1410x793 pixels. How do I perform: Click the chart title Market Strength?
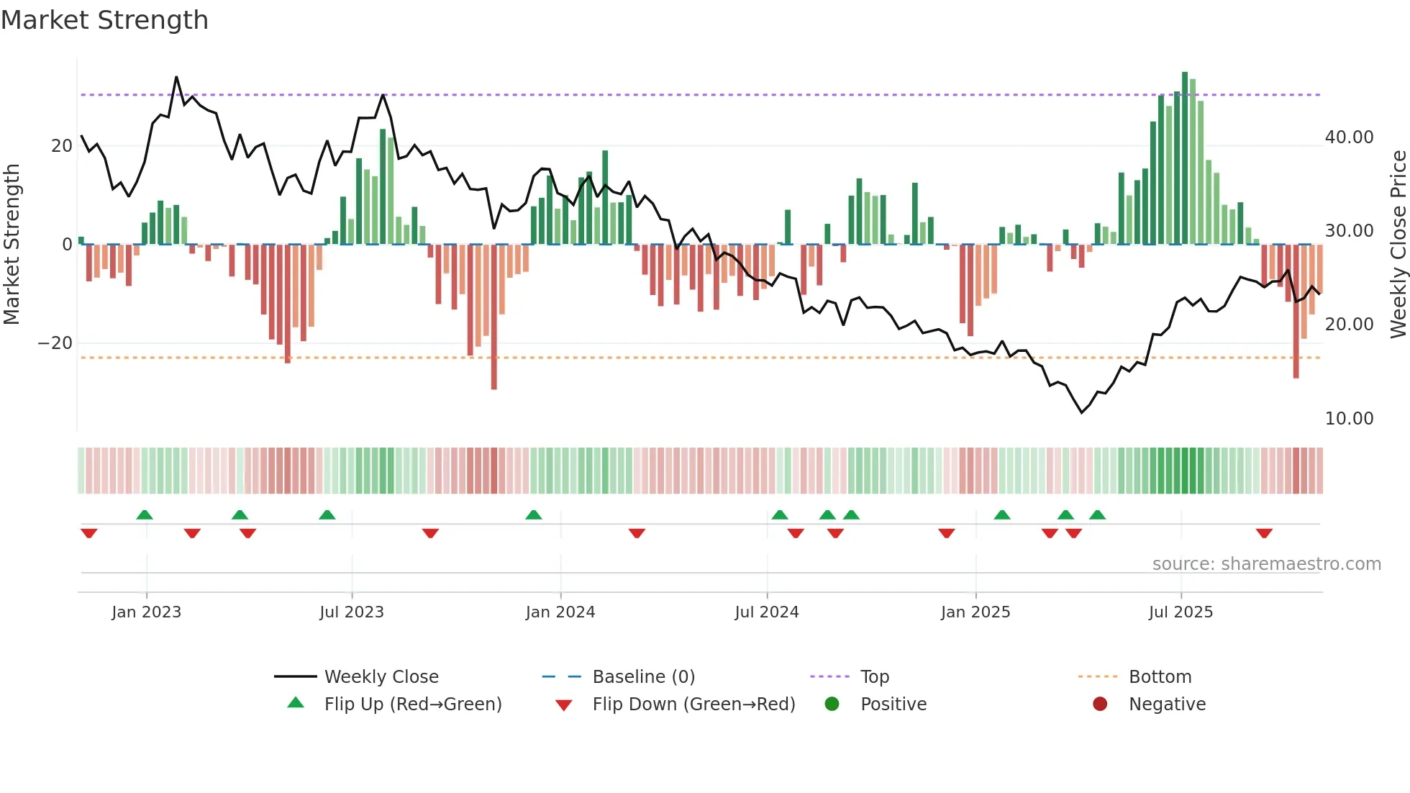pos(104,20)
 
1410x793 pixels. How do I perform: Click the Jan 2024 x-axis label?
pos(560,612)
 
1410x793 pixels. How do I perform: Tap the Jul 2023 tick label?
pos(351,612)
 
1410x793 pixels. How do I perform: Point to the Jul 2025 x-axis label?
pos(1181,612)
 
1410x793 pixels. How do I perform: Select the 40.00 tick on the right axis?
pos(1349,137)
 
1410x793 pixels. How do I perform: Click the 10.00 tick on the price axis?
pos(1349,419)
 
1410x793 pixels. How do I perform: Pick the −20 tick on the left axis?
pos(55,343)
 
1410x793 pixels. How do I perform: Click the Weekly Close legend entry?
pos(381,677)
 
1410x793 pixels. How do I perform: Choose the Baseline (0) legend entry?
pos(643,677)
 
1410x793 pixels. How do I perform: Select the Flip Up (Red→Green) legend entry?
pos(412,704)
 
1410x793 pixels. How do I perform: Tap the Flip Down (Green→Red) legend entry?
pos(693,704)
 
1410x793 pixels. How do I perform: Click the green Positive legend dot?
pos(832,704)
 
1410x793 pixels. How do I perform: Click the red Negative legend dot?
pos(1100,704)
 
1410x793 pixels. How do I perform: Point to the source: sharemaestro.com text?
pos(1266,564)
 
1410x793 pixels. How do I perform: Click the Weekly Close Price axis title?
pos(1398,245)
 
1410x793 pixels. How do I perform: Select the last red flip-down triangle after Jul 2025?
pos(1264,533)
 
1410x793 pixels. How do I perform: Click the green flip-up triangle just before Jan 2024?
pos(533,515)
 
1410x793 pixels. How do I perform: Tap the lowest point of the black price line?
pos(1081,412)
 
